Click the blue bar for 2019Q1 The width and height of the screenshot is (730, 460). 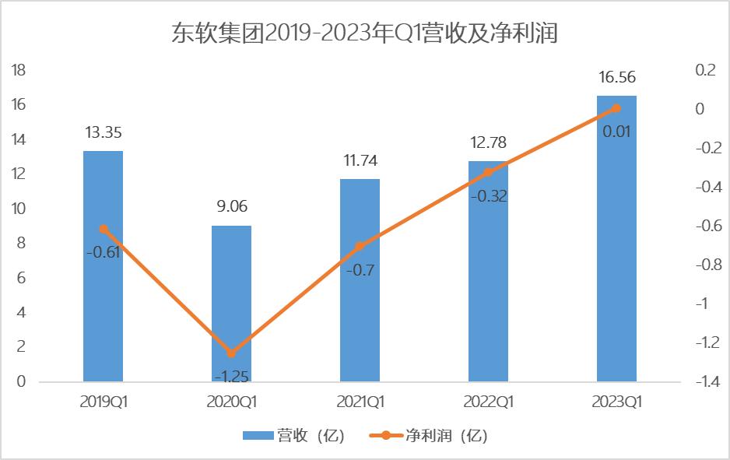pyautogui.click(x=103, y=265)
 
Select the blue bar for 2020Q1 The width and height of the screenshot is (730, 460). pyautogui.click(x=231, y=304)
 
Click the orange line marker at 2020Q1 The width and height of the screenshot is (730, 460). pyautogui.click(x=231, y=353)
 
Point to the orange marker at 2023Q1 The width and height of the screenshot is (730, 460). pyautogui.click(x=616, y=108)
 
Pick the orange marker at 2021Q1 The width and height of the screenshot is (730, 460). pyautogui.click(x=360, y=246)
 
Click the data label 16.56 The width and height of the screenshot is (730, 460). pyautogui.click(x=616, y=78)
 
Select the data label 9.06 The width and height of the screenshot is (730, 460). pyautogui.click(x=231, y=208)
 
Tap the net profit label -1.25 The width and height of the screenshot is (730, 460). pyautogui.click(x=231, y=376)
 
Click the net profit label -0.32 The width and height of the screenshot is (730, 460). pyautogui.click(x=488, y=196)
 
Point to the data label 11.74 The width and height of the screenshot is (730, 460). pyautogui.click(x=360, y=161)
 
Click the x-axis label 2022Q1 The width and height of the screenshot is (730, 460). pyautogui.click(x=488, y=402)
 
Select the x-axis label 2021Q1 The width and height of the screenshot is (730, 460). pyautogui.click(x=360, y=402)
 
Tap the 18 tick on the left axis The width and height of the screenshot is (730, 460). pyautogui.click(x=19, y=70)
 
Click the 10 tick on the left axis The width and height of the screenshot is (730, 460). pyautogui.click(x=19, y=209)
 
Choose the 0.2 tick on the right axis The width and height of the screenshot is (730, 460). pyautogui.click(x=705, y=70)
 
